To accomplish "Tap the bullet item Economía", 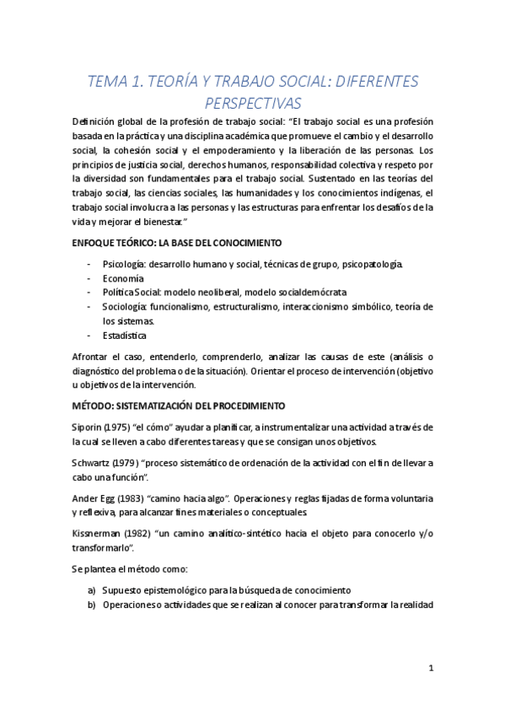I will click(x=123, y=278).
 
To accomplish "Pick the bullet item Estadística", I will click(x=126, y=336).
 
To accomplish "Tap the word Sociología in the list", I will click(x=126, y=307).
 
